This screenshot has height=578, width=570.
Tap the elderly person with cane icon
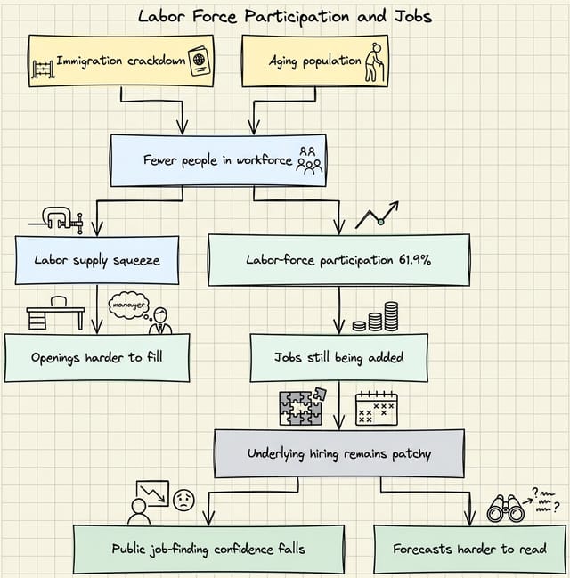pyautogui.click(x=375, y=62)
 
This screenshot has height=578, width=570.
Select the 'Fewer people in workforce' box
pyautogui.click(x=217, y=160)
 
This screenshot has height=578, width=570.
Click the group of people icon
pyautogui.click(x=309, y=160)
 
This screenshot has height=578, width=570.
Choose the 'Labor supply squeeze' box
pyautogui.click(x=97, y=260)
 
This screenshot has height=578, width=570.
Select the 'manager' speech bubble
pyautogui.click(x=126, y=305)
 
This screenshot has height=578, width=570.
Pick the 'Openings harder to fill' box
pyautogui.click(x=97, y=357)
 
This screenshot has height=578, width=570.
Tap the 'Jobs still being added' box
pyautogui.click(x=338, y=357)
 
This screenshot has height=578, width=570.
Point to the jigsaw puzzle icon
pyautogui.click(x=302, y=407)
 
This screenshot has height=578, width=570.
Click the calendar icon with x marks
pyautogui.click(x=376, y=409)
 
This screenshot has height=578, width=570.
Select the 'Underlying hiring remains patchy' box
pyautogui.click(x=338, y=453)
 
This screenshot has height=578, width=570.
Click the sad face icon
pyautogui.click(x=183, y=500)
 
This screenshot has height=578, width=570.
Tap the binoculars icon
pyautogui.click(x=505, y=508)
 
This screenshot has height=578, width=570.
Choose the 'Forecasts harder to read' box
pyautogui.click(x=469, y=549)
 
